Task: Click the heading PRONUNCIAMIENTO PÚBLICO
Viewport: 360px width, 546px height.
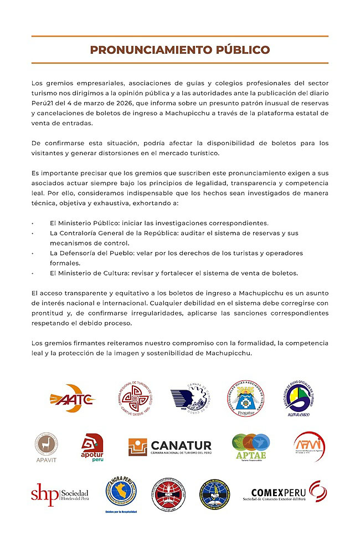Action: pos(180,50)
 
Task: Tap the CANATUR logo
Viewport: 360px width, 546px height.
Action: pos(170,447)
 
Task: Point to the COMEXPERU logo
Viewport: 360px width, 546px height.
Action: pos(284,492)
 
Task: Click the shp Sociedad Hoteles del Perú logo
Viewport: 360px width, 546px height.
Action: pos(59,493)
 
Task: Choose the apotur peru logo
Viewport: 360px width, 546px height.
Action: pos(92,447)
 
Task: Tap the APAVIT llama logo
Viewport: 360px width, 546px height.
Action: pos(46,446)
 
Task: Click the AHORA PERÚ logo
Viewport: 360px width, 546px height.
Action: pos(121,493)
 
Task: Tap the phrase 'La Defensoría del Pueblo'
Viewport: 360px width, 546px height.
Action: pos(90,253)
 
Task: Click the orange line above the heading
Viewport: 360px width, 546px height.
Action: pos(180,37)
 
